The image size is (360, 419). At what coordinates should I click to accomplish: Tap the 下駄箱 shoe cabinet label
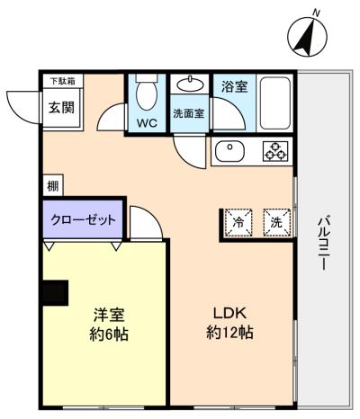point(63,81)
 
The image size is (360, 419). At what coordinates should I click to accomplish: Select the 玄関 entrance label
point(62,107)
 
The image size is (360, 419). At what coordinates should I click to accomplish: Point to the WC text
point(147,122)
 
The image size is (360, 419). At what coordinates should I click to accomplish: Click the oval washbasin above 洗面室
point(190,85)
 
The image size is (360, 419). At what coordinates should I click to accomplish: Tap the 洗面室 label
point(189,113)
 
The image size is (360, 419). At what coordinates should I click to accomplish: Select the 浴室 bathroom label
point(235,86)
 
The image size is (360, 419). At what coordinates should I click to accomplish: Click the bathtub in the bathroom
point(275,103)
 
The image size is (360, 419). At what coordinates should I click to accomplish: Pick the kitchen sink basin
point(229,152)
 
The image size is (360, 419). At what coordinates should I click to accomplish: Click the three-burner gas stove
point(275,151)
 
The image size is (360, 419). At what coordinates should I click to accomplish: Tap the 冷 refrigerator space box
point(238,222)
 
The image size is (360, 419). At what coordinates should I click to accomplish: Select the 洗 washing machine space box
point(277,222)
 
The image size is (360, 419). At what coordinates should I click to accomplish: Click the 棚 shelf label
point(53,186)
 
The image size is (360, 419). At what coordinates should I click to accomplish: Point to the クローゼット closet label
point(83,220)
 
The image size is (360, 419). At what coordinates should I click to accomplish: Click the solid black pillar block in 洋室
point(56,293)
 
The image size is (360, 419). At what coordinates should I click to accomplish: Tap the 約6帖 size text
point(109,334)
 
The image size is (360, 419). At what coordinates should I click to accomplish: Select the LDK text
point(229,314)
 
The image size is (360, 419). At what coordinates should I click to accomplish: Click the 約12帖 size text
point(229,333)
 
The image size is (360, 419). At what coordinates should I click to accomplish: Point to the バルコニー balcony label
point(323,243)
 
